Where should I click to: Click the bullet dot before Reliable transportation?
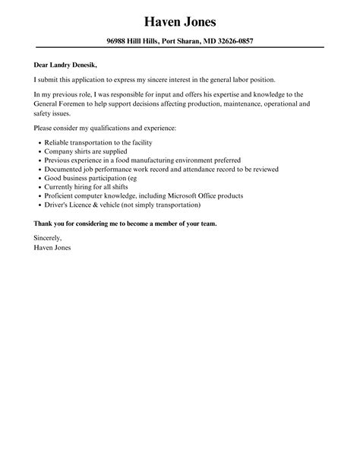pos(39,143)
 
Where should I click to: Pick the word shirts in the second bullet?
pos(82,152)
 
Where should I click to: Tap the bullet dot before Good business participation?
pos(39,179)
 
